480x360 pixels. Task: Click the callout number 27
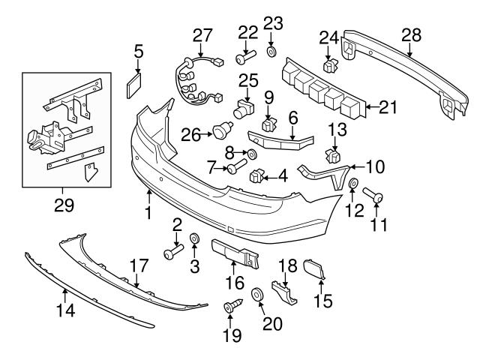click(202, 34)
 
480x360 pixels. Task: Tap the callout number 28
click(411, 34)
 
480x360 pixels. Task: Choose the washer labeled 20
click(256, 295)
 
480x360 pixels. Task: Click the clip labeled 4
click(256, 176)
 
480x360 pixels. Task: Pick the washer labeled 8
click(252, 154)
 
